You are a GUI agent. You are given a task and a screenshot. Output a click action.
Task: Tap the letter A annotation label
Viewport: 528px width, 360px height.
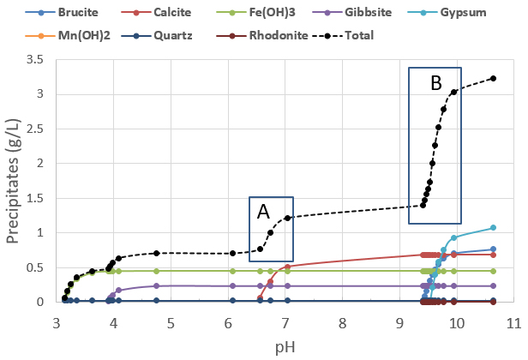click(263, 211)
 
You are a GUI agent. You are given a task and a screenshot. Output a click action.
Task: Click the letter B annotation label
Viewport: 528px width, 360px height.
click(435, 83)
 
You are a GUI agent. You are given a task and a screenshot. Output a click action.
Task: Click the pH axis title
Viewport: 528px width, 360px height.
click(285, 345)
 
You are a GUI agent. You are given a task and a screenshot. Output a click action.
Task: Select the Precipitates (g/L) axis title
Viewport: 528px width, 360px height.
click(14, 180)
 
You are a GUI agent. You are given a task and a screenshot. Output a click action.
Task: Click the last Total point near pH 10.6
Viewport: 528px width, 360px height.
click(494, 79)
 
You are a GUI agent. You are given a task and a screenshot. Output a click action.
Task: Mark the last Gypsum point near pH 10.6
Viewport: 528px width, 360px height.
click(494, 227)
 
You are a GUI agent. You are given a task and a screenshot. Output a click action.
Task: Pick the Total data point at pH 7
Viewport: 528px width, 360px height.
click(287, 218)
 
